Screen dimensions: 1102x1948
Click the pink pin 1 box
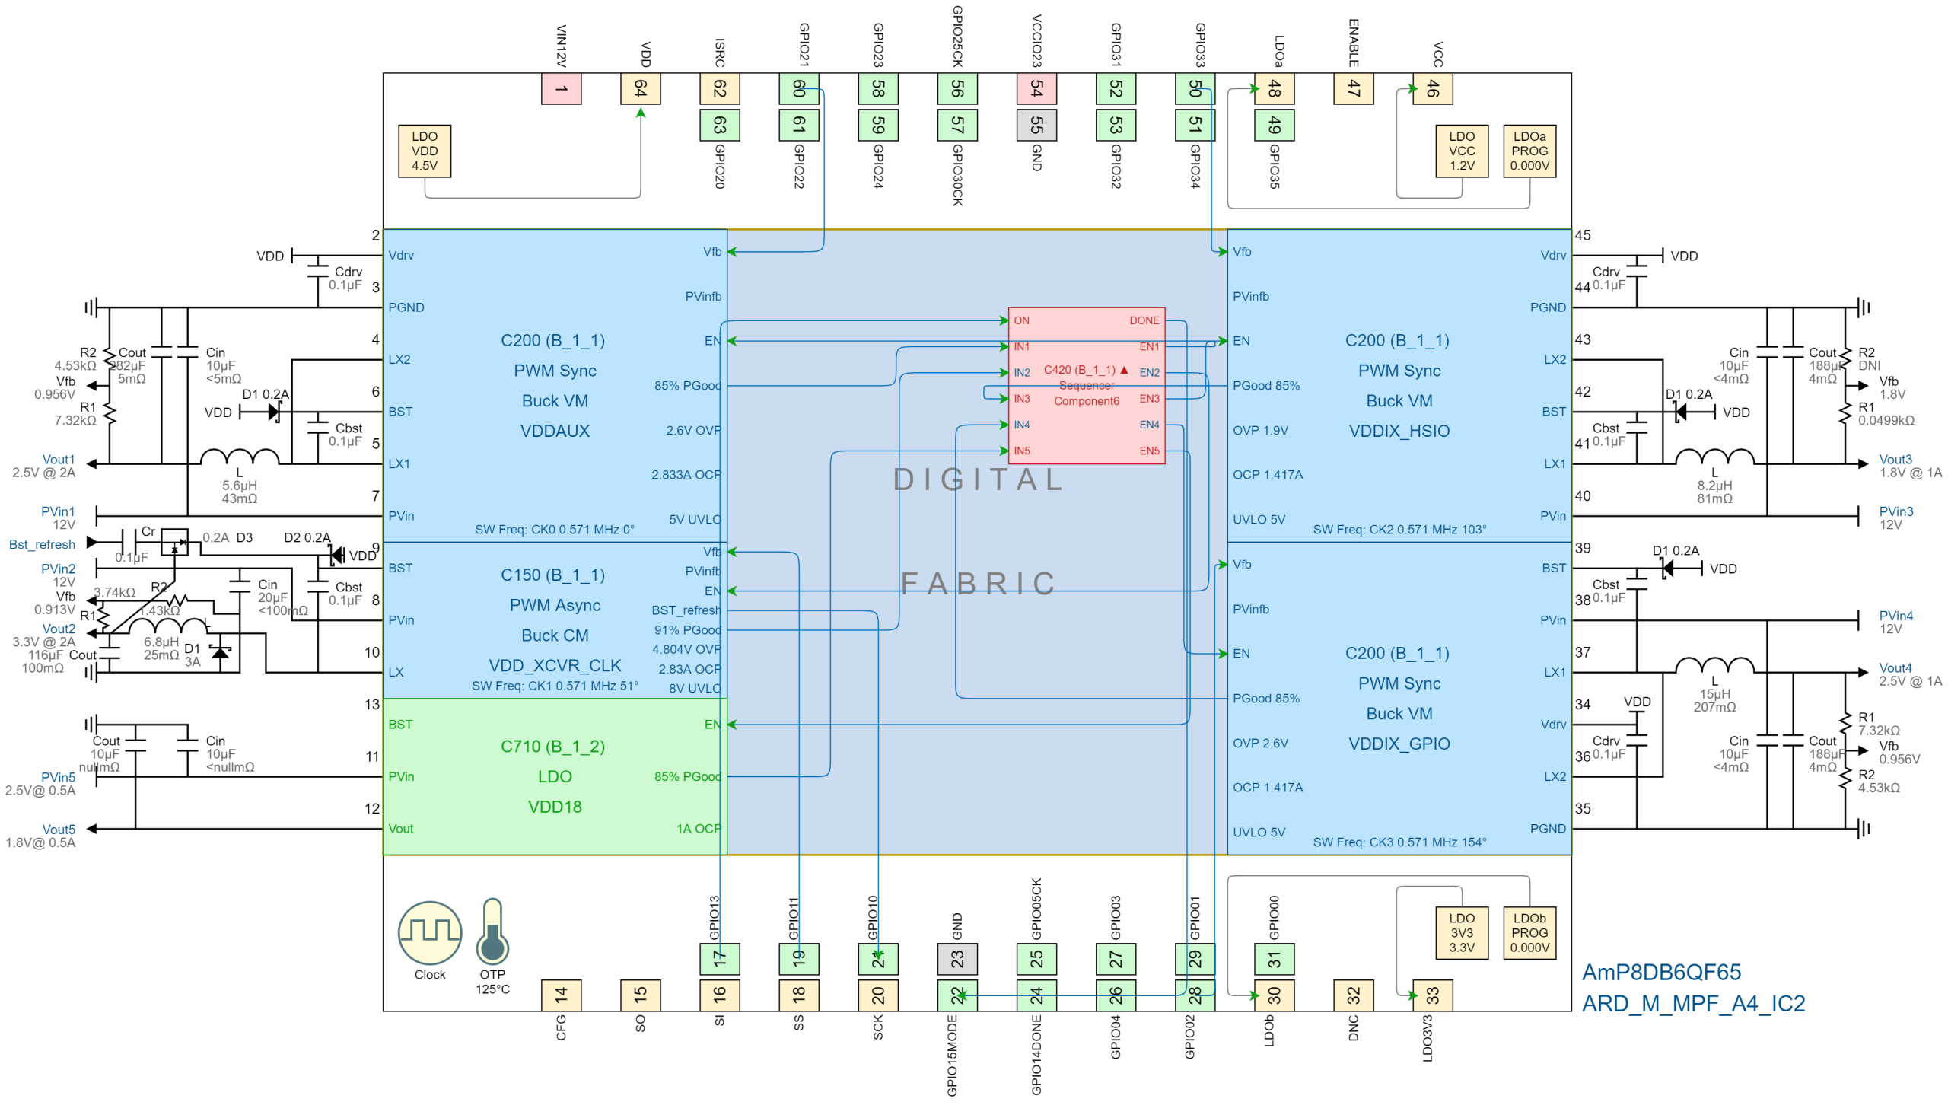pyautogui.click(x=561, y=89)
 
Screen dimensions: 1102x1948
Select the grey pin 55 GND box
pyautogui.click(x=1036, y=125)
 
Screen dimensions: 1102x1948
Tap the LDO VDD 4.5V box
pyautogui.click(x=425, y=151)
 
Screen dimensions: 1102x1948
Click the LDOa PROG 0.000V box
pyautogui.click(x=1529, y=151)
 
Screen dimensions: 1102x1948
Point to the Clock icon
pyautogui.click(x=430, y=932)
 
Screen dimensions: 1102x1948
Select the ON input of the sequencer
pyautogui.click(x=1021, y=320)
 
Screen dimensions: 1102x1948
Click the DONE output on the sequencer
pyautogui.click(x=1144, y=320)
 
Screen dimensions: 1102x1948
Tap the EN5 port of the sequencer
pyautogui.click(x=1149, y=451)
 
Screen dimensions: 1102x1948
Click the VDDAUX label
pyautogui.click(x=555, y=431)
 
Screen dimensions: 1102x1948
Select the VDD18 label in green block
pyautogui.click(x=555, y=807)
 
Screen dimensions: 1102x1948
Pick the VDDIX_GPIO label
pyautogui.click(x=1399, y=744)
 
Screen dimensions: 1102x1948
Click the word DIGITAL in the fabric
pyautogui.click(x=979, y=479)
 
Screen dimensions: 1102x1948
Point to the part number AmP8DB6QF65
pyautogui.click(x=1661, y=972)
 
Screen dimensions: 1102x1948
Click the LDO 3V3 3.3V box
pyautogui.click(x=1462, y=932)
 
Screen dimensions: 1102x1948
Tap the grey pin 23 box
pyautogui.click(x=957, y=958)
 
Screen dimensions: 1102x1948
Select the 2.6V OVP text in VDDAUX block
pyautogui.click(x=693, y=430)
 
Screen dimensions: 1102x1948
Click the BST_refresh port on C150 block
pyautogui.click(x=686, y=610)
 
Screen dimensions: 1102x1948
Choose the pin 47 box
pyautogui.click(x=1354, y=89)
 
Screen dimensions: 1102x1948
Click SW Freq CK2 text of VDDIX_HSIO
pyautogui.click(x=1399, y=529)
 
